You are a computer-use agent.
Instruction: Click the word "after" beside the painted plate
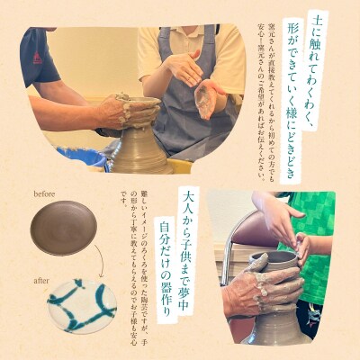point(42,280)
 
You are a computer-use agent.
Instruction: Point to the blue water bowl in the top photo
point(85,157)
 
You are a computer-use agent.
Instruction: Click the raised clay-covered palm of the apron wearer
point(207,98)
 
